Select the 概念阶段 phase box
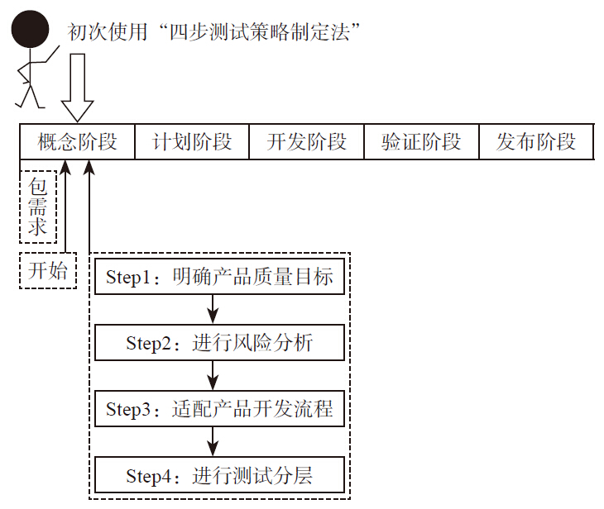pyautogui.click(x=77, y=141)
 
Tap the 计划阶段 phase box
pyautogui.click(x=192, y=141)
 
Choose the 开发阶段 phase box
pyautogui.click(x=306, y=141)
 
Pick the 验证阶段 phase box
pyautogui.click(x=421, y=141)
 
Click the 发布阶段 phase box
pyautogui.click(x=536, y=141)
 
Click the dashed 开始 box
pyautogui.click(x=48, y=270)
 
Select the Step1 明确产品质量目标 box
pyautogui.click(x=219, y=277)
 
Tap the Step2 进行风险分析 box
pyautogui.click(x=219, y=343)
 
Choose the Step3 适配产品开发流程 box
pyautogui.click(x=219, y=409)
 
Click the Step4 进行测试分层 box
pyautogui.click(x=219, y=476)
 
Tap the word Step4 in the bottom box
pyautogui.click(x=148, y=477)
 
